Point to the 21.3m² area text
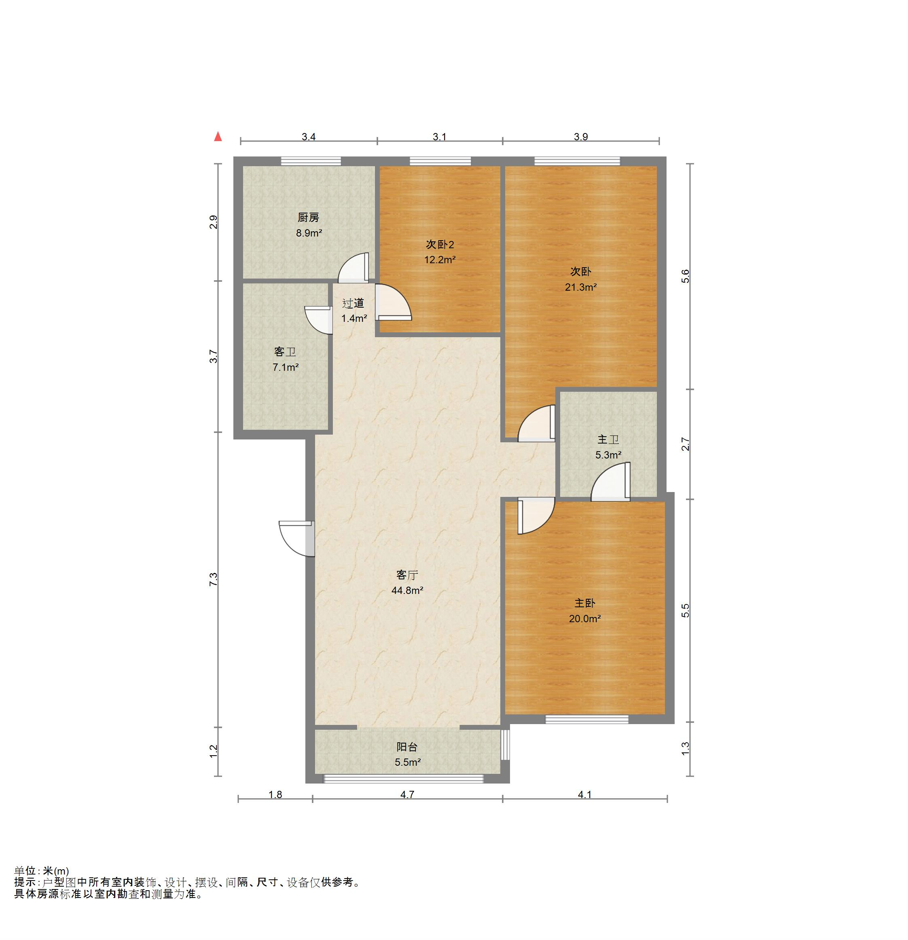coord(580,287)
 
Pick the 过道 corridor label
coord(353,303)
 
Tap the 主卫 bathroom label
coord(608,439)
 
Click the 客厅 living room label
coord(407,575)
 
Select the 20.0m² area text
coord(585,619)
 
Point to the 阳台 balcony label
coord(407,747)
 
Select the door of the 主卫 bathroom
coord(611,482)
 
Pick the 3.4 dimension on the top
coord(309,137)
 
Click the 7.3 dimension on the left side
coord(214,579)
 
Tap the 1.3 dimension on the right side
coord(686,749)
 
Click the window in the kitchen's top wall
coord(311,161)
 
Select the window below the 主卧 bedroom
coord(586,719)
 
